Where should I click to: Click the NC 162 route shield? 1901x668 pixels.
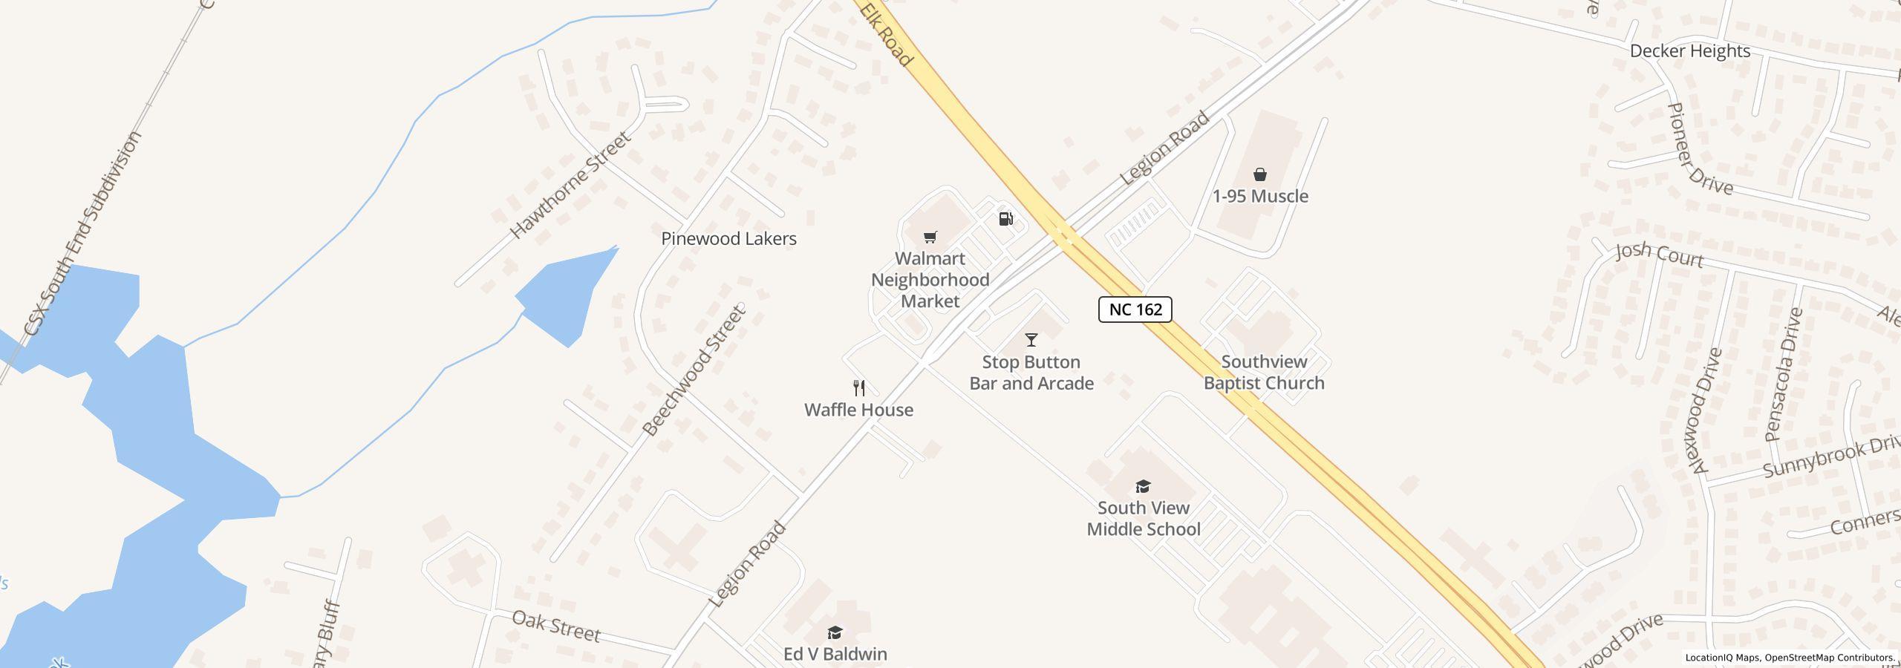coord(1135,310)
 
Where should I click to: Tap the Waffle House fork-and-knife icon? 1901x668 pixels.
coord(859,387)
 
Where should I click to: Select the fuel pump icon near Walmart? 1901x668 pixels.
coord(1005,218)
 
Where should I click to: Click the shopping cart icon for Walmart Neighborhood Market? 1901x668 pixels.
coord(930,238)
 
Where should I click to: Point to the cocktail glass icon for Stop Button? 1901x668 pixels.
coord(1031,340)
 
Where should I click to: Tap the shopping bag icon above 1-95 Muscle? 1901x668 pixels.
coord(1260,175)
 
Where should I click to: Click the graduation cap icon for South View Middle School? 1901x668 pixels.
coord(1143,486)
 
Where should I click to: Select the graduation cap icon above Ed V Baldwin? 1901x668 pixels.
coord(835,632)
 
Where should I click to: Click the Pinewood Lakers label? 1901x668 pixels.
coord(728,239)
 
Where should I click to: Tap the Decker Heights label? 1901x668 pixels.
coord(1689,51)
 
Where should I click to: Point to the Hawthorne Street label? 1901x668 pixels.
coord(570,185)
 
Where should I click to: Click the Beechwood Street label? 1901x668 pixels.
coord(693,370)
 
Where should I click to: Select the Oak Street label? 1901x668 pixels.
coord(555,626)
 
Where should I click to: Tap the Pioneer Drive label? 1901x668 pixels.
coord(1699,149)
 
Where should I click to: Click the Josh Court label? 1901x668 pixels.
coord(1659,255)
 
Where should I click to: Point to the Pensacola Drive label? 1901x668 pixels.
coord(1784,375)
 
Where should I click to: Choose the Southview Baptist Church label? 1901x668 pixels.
coord(1264,373)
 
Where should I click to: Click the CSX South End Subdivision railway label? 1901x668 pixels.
coord(82,233)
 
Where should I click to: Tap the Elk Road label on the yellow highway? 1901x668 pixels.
coord(887,33)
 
